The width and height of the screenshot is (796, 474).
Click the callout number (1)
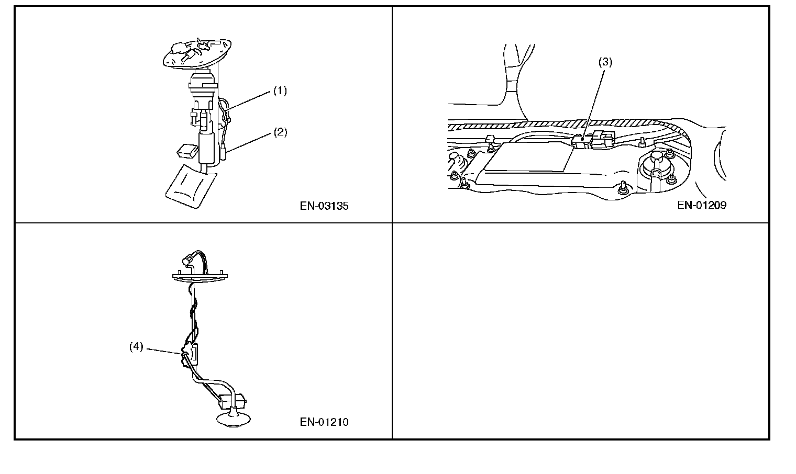(x=280, y=91)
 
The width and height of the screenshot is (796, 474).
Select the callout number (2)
(x=280, y=132)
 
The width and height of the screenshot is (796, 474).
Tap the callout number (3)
(x=605, y=62)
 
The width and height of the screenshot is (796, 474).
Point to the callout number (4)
(x=136, y=346)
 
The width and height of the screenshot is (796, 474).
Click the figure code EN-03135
(x=324, y=206)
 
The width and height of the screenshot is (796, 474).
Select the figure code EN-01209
(x=702, y=205)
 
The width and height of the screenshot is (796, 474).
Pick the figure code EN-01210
(x=324, y=422)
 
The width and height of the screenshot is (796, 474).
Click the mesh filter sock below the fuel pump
(x=191, y=186)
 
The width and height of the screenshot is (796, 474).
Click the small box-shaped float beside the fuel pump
(x=187, y=151)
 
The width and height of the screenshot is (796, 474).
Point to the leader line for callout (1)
(x=249, y=100)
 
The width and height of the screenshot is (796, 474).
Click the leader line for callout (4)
(x=164, y=352)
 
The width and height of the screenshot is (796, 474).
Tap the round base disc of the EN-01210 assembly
(x=234, y=420)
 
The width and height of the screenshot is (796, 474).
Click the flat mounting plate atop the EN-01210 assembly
(x=200, y=277)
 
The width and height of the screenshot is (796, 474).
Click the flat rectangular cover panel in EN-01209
(x=529, y=157)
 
